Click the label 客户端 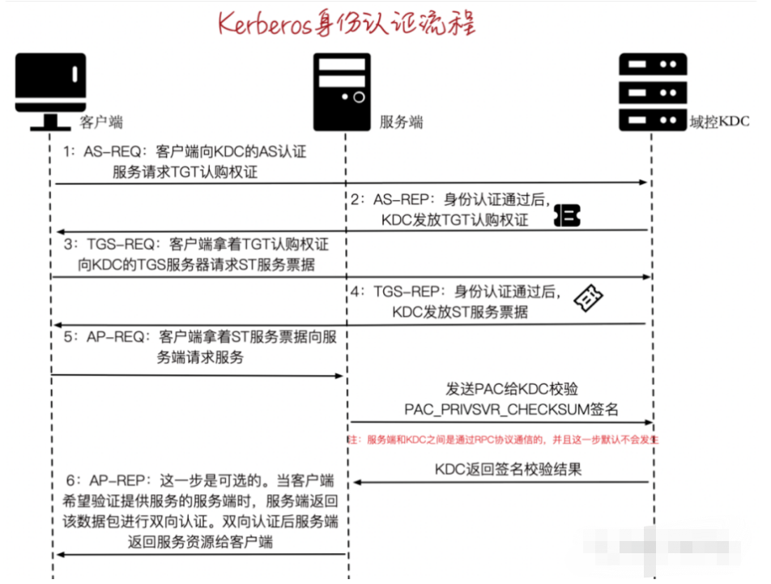[x=102, y=122]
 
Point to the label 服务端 [x=402, y=123]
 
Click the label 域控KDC [x=719, y=122]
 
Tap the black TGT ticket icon [x=568, y=215]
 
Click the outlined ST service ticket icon [x=589, y=298]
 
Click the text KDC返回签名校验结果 [x=508, y=469]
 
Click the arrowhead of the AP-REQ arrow [x=341, y=376]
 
